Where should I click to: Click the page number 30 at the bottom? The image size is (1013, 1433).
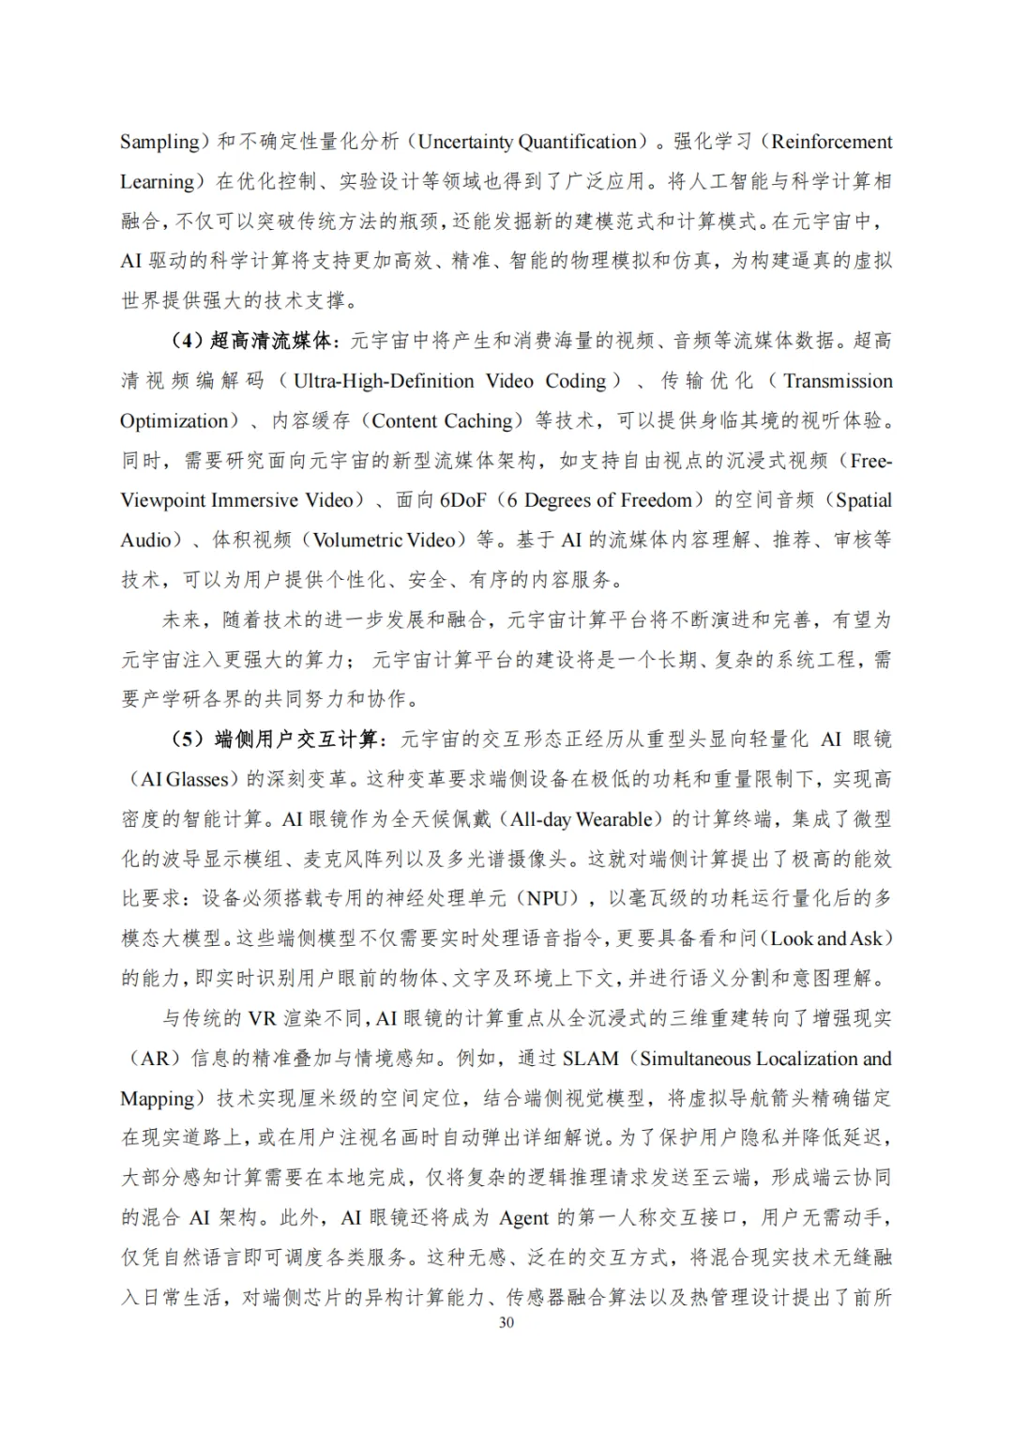click(506, 1322)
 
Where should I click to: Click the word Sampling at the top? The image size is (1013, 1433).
click(159, 142)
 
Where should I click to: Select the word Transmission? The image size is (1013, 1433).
click(838, 381)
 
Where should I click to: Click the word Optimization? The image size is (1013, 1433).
click(174, 420)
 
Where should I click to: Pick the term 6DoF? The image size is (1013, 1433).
click(463, 500)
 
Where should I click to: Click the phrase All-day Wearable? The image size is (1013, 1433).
click(582, 819)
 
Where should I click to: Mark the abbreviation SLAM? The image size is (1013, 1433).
click(591, 1059)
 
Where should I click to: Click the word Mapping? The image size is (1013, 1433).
click(157, 1098)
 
